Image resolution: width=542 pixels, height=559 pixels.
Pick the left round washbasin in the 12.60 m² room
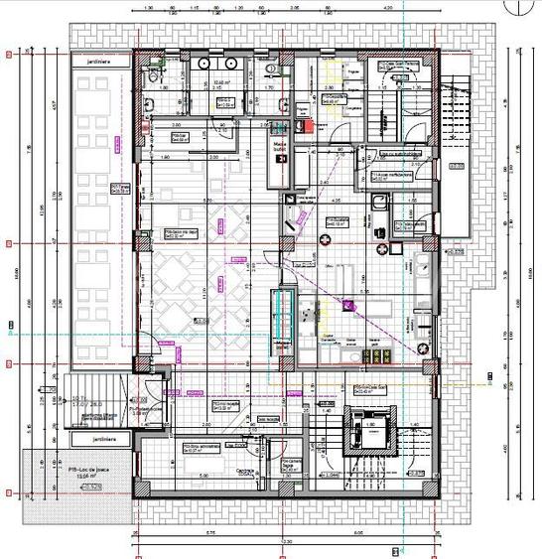click(x=203, y=63)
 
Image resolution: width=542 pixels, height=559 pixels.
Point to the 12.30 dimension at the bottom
click(x=288, y=542)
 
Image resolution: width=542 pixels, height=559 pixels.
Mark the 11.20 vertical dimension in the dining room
click(x=203, y=292)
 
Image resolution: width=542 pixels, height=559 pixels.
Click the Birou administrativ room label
click(x=201, y=448)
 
